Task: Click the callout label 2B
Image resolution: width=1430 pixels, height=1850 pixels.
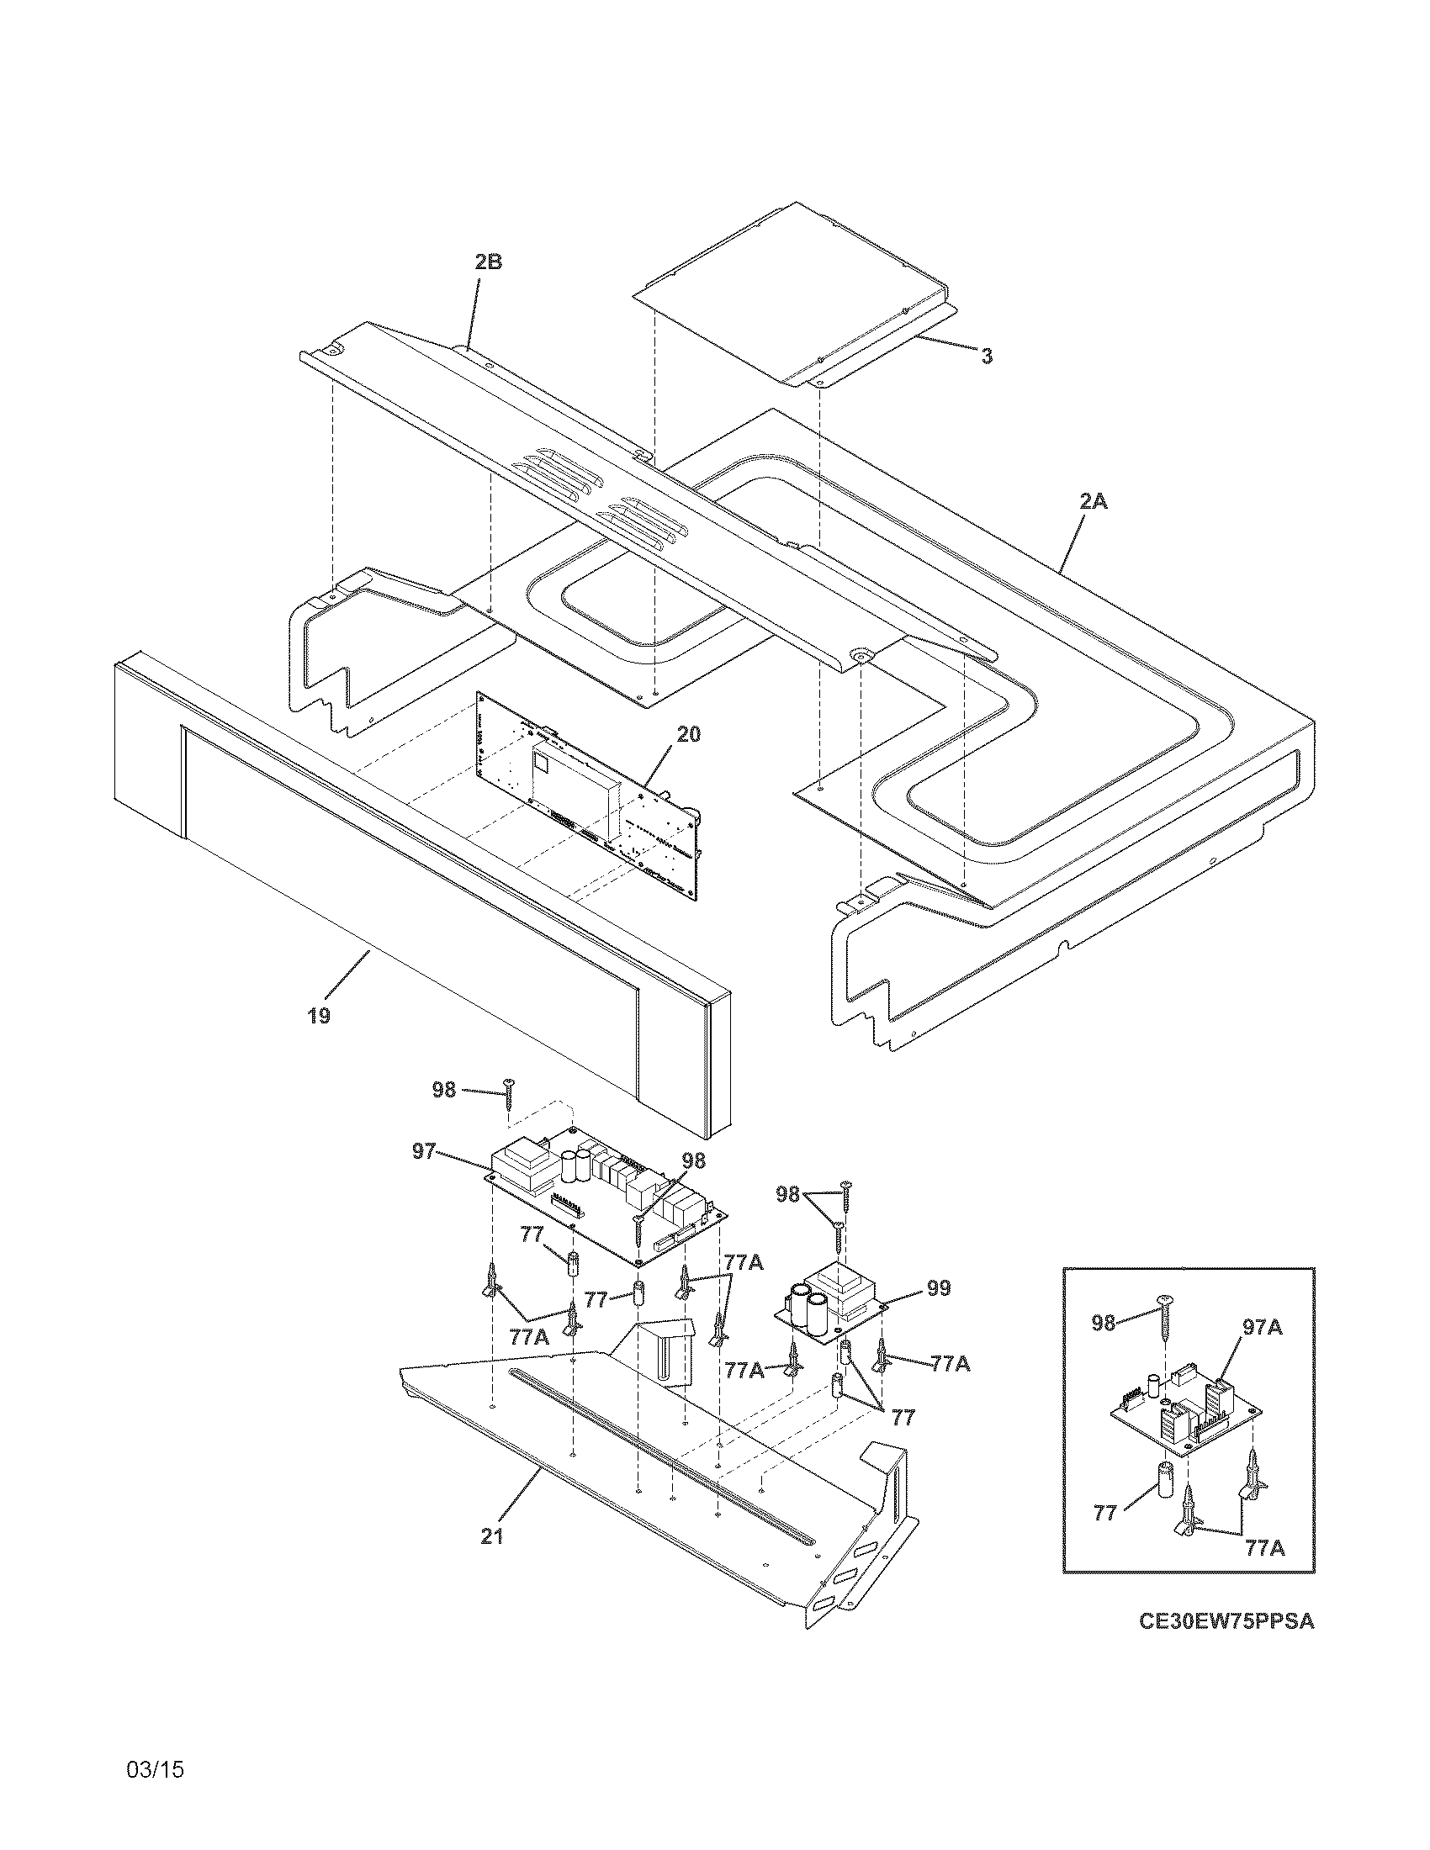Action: [x=488, y=262]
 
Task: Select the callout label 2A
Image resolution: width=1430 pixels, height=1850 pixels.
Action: [x=1093, y=501]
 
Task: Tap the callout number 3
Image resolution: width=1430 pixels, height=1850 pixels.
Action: [x=987, y=357]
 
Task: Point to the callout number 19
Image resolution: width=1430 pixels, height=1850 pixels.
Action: [x=319, y=1015]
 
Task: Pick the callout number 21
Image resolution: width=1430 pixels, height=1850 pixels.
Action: [x=492, y=1536]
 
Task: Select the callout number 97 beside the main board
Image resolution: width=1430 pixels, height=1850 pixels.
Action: [x=424, y=1150]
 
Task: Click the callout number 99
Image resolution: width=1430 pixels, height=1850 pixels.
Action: [x=939, y=1288]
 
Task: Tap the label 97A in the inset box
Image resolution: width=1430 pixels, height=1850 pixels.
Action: [x=1262, y=1328]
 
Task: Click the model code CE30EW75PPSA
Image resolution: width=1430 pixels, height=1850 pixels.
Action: [x=1226, y=1621]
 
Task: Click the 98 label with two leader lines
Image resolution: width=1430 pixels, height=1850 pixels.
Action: [x=788, y=1194]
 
